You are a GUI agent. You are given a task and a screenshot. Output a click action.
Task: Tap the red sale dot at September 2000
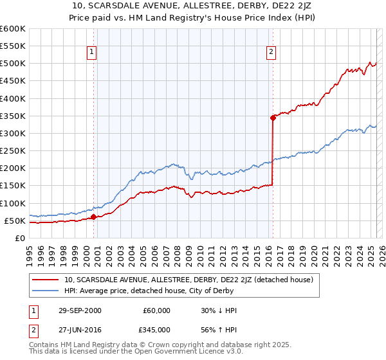[94, 217]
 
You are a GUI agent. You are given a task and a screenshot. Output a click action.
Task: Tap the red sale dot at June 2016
[273, 117]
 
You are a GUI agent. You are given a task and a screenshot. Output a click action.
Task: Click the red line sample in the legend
[46, 280]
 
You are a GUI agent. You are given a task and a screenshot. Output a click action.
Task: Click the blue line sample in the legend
[46, 290]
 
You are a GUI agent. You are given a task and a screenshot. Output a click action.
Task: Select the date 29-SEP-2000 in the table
[79, 310]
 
